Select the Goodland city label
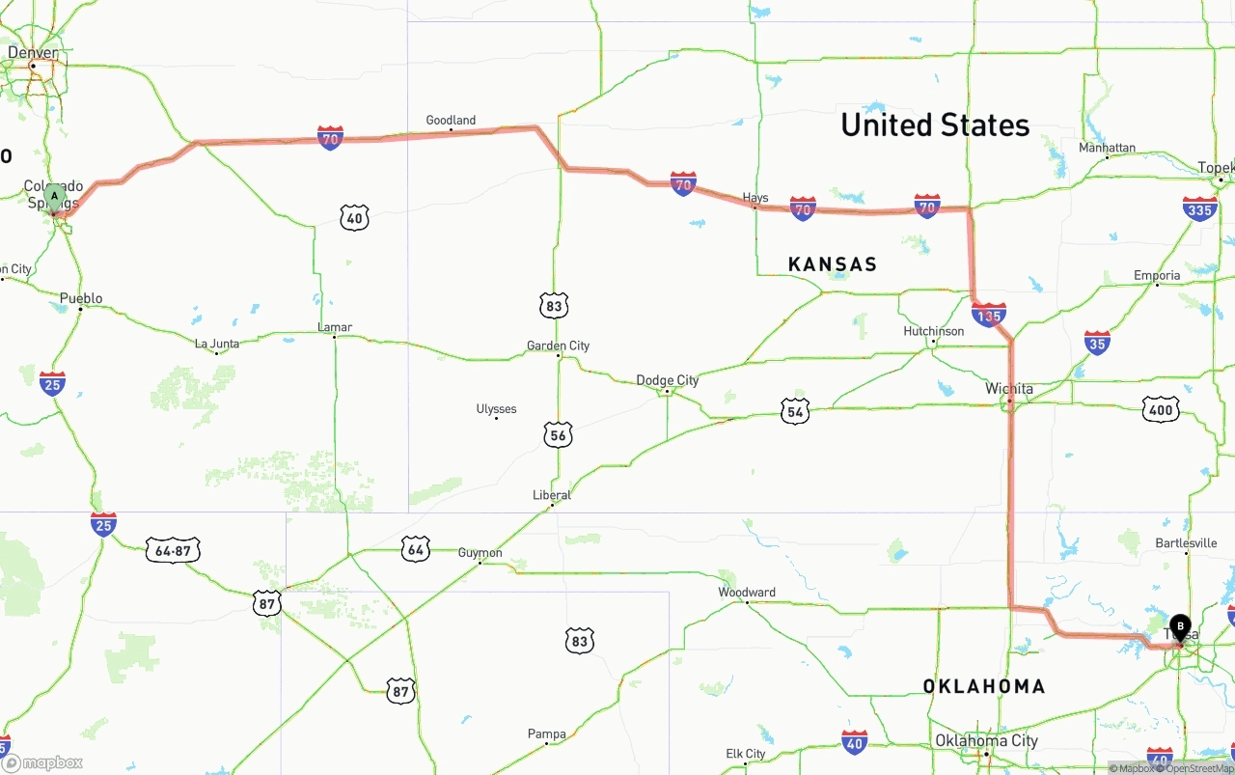(451, 121)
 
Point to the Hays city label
(755, 198)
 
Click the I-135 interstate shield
(989, 314)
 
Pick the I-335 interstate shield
(1199, 208)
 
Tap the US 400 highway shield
(1160, 410)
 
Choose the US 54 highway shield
(795, 412)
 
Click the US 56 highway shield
(557, 434)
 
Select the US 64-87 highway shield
(173, 550)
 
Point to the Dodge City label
(668, 380)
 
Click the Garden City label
(558, 346)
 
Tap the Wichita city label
(1009, 389)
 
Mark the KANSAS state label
(833, 264)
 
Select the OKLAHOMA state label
(984, 686)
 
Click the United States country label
(935, 125)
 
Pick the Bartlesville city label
(1186, 543)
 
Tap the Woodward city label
(747, 592)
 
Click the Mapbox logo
(42, 762)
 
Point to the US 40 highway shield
(355, 217)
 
